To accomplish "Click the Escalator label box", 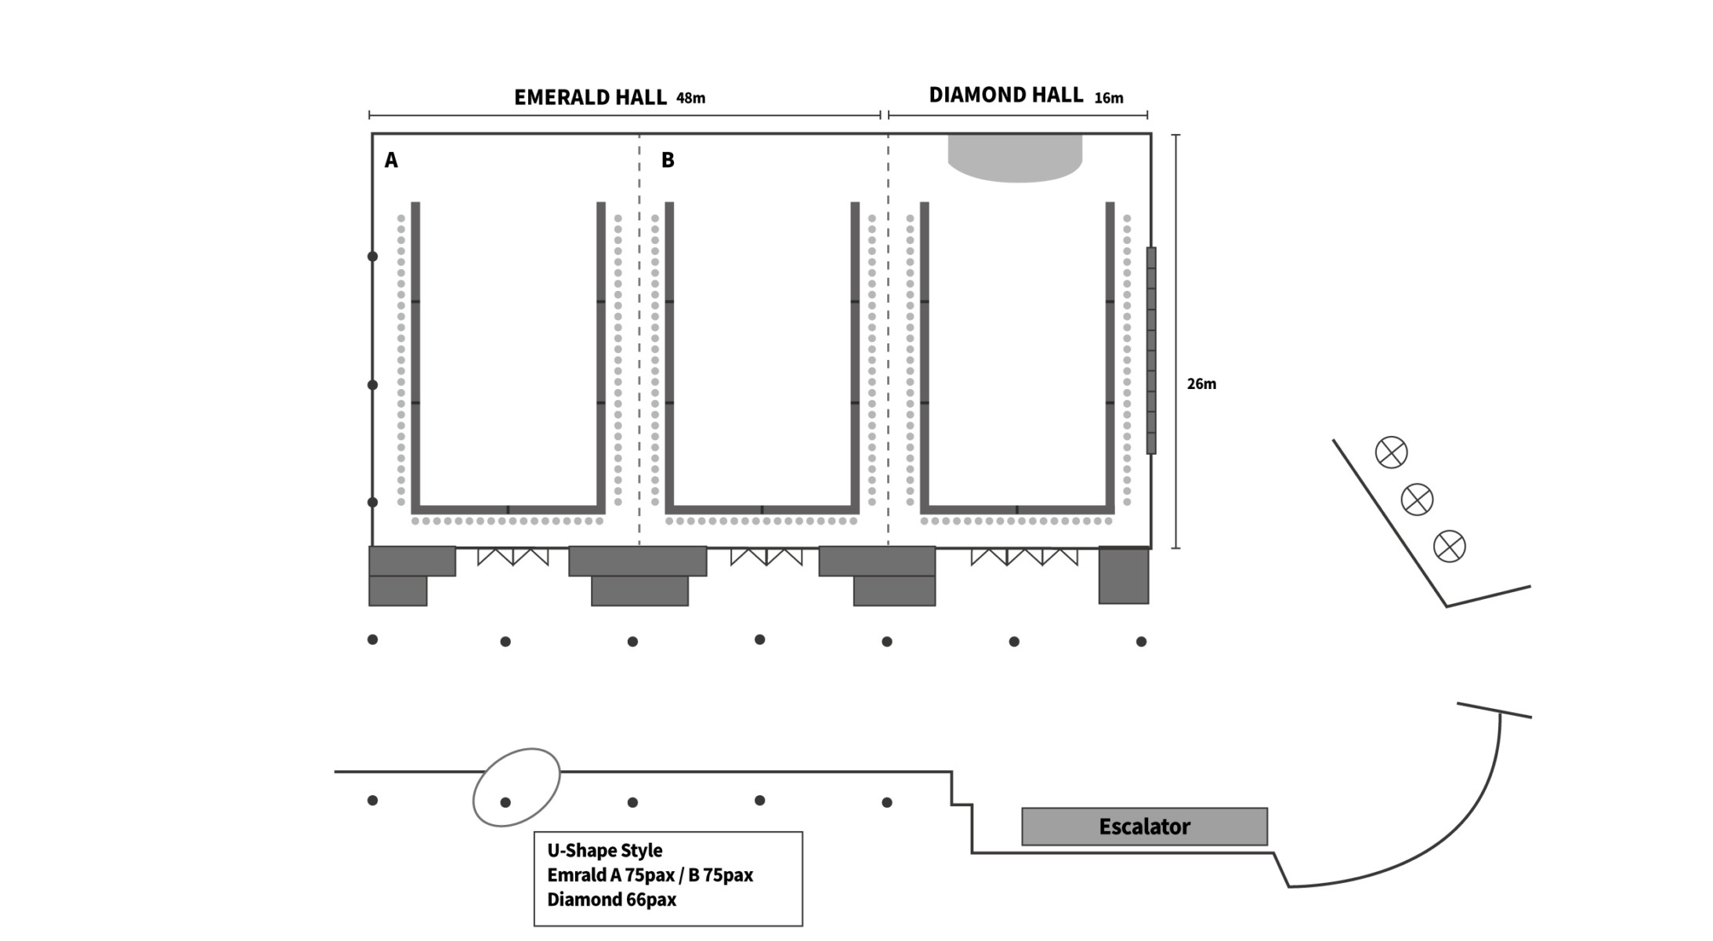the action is click(x=1144, y=827).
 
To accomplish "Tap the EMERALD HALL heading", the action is click(x=590, y=97).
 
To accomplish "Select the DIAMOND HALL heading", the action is click(x=1005, y=95).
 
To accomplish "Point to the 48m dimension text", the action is click(x=690, y=98).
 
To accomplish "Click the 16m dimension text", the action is click(x=1109, y=98).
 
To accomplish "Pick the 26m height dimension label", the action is click(x=1201, y=383).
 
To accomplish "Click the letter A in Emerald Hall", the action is click(x=391, y=160).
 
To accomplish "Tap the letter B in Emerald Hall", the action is click(x=668, y=160).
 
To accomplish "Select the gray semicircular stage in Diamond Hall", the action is click(x=1015, y=158).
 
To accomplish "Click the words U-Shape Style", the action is click(x=604, y=851).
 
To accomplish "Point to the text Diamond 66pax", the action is click(x=611, y=899).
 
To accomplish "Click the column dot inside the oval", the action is click(x=505, y=802).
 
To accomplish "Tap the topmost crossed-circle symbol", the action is click(x=1391, y=452).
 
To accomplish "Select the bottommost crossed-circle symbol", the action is click(x=1449, y=547).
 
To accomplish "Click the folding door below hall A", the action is click(x=513, y=557).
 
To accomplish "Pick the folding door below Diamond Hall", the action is click(x=1024, y=557).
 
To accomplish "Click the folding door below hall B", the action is click(x=766, y=557).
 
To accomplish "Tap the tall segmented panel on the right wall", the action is click(x=1151, y=351).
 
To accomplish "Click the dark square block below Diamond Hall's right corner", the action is click(x=1124, y=576).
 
